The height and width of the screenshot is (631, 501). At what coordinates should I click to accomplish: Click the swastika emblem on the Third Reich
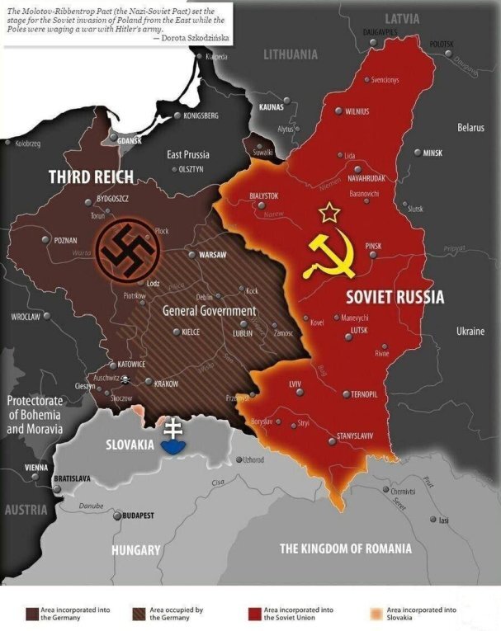[x=126, y=248]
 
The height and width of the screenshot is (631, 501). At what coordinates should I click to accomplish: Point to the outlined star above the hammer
[x=329, y=213]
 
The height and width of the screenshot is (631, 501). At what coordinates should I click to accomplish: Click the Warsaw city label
[x=212, y=255]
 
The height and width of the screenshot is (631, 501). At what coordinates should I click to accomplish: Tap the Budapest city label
[x=138, y=516]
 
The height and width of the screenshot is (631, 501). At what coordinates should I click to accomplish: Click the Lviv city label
[x=295, y=385]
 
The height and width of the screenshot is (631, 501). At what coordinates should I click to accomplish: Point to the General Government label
[x=210, y=312]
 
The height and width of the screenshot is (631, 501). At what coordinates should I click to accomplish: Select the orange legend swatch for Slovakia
[x=375, y=613]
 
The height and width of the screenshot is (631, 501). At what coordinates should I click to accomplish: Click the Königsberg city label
[x=201, y=115]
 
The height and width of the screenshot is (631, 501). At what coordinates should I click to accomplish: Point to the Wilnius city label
[x=357, y=111]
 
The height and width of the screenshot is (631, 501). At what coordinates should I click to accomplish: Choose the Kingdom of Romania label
[x=345, y=549]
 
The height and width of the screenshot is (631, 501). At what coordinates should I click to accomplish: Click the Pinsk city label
[x=373, y=246]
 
